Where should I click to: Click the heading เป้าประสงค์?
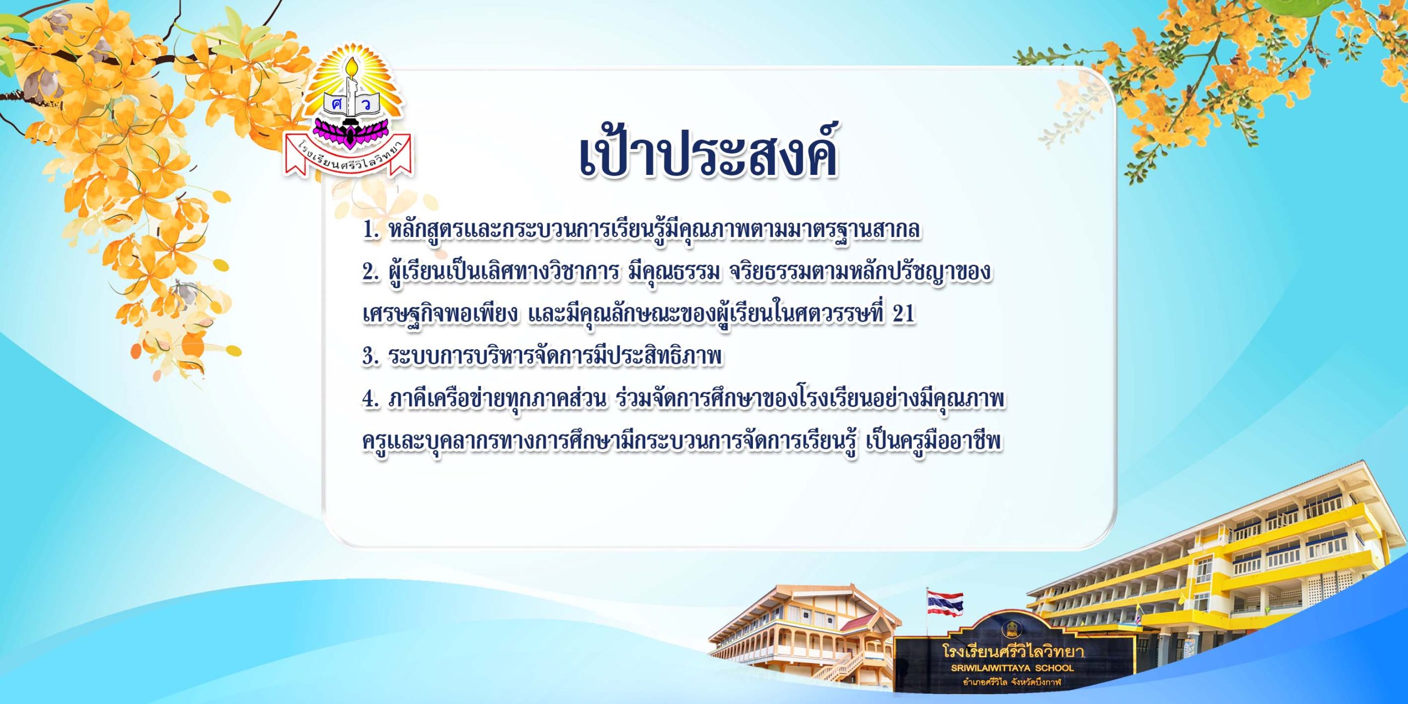708,151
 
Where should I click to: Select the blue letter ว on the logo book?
366,104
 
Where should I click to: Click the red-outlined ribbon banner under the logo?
348,157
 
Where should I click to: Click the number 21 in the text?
904,314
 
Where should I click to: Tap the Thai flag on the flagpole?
945,603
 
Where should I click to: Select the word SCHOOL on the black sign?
1054,668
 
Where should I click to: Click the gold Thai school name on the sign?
1013,652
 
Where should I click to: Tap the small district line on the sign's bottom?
1012,683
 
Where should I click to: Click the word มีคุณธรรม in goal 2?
674,272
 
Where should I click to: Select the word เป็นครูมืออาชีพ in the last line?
933,442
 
